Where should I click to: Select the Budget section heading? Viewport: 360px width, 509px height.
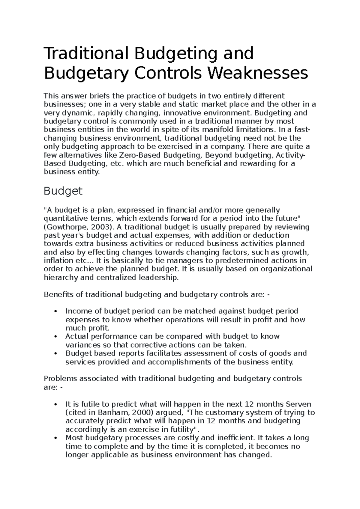coord(63,191)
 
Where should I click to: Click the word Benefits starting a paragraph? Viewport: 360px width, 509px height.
coord(59,294)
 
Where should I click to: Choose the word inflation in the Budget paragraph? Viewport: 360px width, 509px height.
coord(57,260)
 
